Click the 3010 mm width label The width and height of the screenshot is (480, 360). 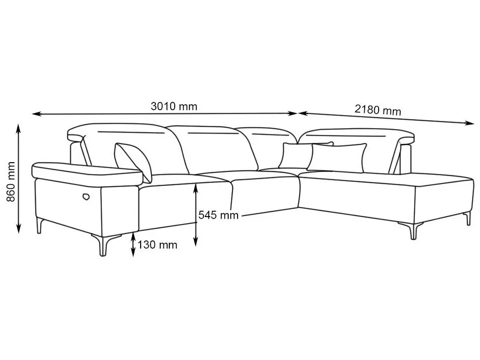(x=174, y=106)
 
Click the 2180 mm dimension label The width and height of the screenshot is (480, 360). (x=378, y=110)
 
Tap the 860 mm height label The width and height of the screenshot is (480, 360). (x=11, y=181)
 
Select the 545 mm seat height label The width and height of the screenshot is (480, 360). (x=218, y=215)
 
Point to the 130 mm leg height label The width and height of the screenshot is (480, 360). (x=157, y=245)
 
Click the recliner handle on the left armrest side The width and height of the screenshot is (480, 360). (x=86, y=197)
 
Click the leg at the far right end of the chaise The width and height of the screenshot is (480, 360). (x=468, y=219)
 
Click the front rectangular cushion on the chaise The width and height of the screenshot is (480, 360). (x=336, y=157)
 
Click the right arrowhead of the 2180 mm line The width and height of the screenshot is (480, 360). (x=470, y=123)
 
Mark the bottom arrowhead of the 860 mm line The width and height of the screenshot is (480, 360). (x=19, y=229)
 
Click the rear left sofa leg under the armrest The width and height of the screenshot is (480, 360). (x=40, y=225)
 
